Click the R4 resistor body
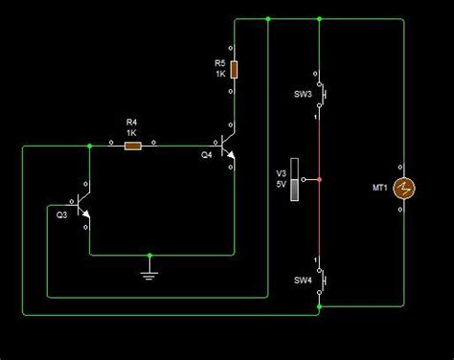point(133,146)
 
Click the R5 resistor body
point(234,69)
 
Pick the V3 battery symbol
point(299,178)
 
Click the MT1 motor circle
point(401,188)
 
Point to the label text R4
point(132,122)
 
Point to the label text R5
point(219,63)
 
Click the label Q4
point(207,154)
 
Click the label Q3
point(62,214)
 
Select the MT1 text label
point(377,188)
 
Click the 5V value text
point(282,184)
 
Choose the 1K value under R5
point(219,74)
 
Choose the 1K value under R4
point(132,132)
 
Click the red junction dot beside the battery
point(320,178)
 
